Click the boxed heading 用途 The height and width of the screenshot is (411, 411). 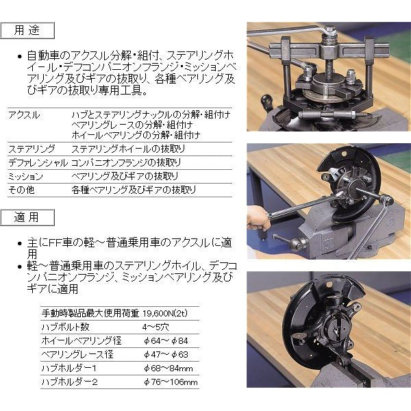(25, 31)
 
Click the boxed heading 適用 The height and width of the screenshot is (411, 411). (25, 217)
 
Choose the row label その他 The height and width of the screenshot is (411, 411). (21, 190)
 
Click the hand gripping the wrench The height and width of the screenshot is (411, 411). (259, 219)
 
